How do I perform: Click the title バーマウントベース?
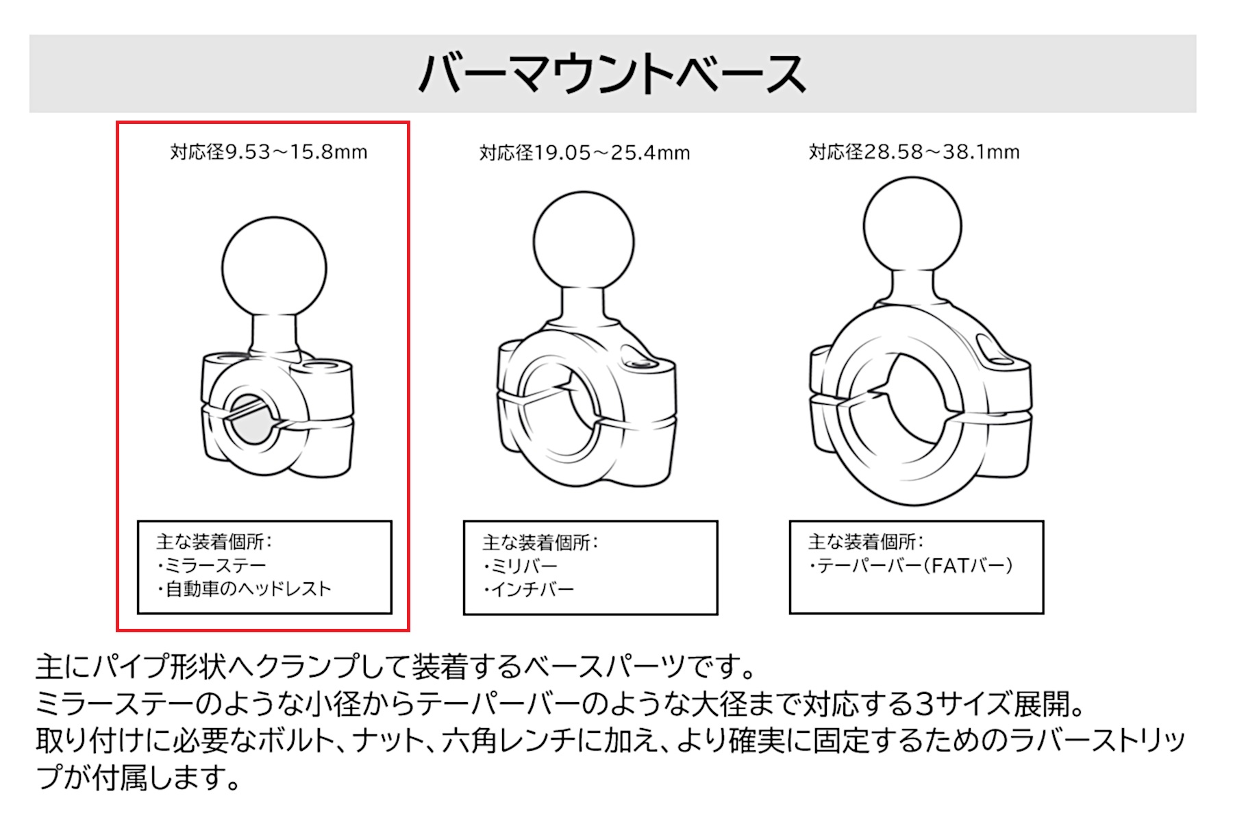click(x=612, y=73)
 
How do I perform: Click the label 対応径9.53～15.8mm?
click(x=269, y=151)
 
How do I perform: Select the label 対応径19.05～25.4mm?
click(x=584, y=152)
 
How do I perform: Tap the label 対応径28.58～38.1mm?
click(x=914, y=151)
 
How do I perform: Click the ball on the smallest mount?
click(x=274, y=269)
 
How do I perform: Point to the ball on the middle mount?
click(x=584, y=242)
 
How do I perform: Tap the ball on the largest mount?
click(x=912, y=226)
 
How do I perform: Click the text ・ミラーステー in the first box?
click(x=211, y=565)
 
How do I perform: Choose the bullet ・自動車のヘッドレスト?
click(x=244, y=588)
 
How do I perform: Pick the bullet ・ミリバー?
click(x=520, y=566)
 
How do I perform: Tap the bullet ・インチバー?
click(x=528, y=589)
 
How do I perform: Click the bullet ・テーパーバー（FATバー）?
click(x=910, y=565)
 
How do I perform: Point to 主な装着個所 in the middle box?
click(x=536, y=543)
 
